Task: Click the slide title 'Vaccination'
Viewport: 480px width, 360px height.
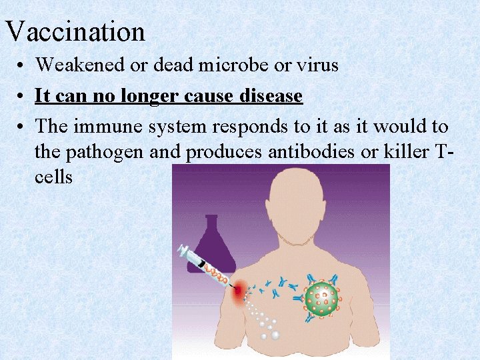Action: (75, 31)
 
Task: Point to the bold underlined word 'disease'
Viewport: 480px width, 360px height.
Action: (269, 96)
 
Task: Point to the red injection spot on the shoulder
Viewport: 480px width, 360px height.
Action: (239, 289)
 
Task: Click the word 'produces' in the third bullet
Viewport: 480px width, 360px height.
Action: (223, 152)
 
